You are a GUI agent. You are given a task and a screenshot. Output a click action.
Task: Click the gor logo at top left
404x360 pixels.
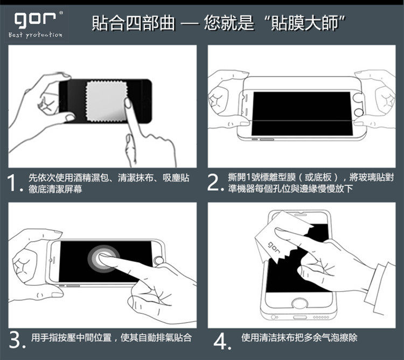point(35,19)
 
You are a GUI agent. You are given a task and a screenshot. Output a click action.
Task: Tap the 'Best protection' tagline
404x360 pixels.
point(36,35)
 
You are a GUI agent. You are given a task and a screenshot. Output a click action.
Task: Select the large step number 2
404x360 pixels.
point(214,182)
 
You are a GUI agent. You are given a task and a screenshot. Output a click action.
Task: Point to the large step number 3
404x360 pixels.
point(16,340)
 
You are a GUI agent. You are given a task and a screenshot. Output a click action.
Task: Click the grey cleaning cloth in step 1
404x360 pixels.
point(106,101)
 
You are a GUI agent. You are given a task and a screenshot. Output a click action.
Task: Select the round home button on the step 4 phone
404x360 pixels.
point(298,303)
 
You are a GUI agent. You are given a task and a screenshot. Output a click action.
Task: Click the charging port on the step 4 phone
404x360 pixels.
point(300,317)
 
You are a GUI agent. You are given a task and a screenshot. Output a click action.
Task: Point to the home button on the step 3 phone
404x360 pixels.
point(158,261)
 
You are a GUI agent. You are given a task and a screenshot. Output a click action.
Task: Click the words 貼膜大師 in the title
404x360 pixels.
point(304,23)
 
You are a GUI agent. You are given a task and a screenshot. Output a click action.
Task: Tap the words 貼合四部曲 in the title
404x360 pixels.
point(133,23)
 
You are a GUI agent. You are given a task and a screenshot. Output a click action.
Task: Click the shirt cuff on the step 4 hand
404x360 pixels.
point(384,288)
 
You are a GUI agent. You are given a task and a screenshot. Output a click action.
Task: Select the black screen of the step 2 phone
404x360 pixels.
point(302,114)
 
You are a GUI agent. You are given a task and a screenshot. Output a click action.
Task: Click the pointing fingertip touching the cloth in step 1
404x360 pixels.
point(128,102)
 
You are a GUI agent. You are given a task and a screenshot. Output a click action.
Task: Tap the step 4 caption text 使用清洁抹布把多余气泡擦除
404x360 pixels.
point(299,337)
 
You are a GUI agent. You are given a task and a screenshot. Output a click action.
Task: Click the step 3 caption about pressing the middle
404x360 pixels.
point(112,337)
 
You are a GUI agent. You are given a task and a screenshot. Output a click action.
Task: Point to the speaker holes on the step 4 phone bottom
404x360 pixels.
point(321,317)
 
